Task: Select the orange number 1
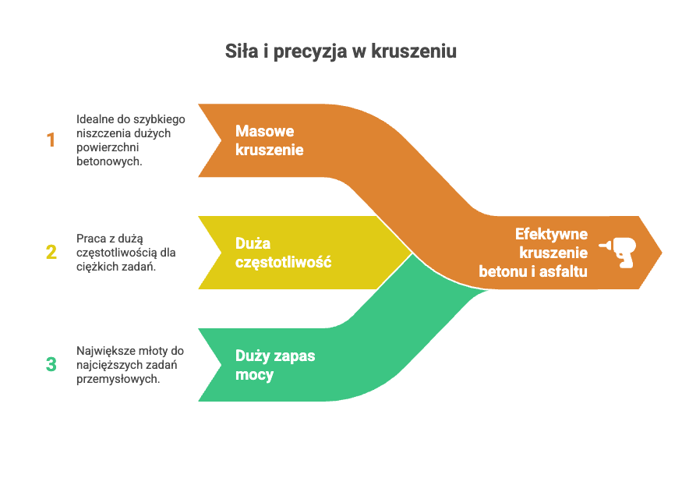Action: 51,140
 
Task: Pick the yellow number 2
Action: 51,252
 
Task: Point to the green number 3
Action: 51,364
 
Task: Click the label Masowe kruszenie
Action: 269,140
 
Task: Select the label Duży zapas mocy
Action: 275,365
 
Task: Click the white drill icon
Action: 619,253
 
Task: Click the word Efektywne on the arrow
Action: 551,234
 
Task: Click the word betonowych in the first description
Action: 108,161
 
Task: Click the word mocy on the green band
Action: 254,374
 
